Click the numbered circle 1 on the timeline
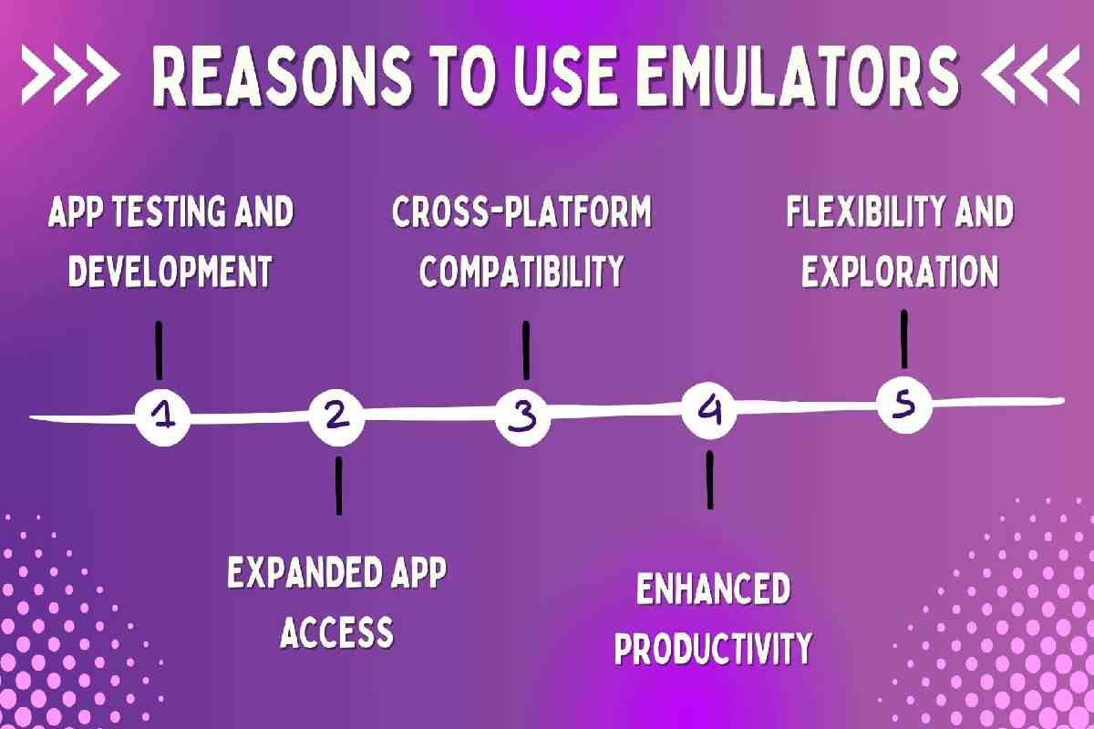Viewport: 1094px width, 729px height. pyautogui.click(x=162, y=417)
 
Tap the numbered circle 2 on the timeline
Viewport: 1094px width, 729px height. pyautogui.click(x=336, y=417)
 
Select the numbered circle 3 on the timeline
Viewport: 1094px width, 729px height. pyautogui.click(x=523, y=416)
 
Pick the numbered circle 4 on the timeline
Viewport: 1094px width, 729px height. pyautogui.click(x=710, y=413)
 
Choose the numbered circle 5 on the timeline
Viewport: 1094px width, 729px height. pyautogui.click(x=903, y=405)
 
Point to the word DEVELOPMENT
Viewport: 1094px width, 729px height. pyautogui.click(x=170, y=271)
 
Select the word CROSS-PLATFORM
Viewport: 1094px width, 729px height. pyautogui.click(x=522, y=213)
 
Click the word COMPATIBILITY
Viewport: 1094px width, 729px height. pyautogui.click(x=521, y=271)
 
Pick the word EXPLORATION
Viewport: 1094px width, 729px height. pyautogui.click(x=900, y=271)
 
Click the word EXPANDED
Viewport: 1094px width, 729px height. pyautogui.click(x=295, y=574)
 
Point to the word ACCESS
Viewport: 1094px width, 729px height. pyautogui.click(x=336, y=631)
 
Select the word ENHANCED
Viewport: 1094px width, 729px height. pyautogui.click(x=713, y=590)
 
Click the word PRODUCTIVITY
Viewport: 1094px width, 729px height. pyautogui.click(x=713, y=649)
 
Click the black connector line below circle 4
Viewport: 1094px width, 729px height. pyautogui.click(x=709, y=479)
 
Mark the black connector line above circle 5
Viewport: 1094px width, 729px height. pyautogui.click(x=903, y=339)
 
